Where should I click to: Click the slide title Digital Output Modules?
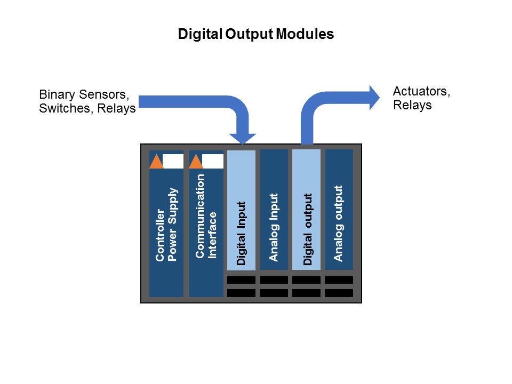(255, 35)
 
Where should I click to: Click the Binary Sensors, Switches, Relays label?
(87, 102)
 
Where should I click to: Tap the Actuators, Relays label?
(421, 98)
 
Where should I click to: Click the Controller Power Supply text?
(166, 225)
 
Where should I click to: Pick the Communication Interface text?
(206, 216)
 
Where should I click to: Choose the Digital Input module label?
(241, 233)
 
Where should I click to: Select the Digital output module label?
(307, 229)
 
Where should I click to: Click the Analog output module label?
(338, 223)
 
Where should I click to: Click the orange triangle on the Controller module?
(156, 162)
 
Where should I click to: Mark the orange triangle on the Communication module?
(196, 162)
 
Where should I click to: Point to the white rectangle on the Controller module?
(173, 161)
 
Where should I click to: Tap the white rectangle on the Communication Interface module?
(213, 161)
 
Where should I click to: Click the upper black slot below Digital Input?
(242, 280)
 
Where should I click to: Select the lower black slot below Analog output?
(339, 293)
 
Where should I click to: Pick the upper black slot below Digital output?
(306, 280)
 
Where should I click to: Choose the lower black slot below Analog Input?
(274, 293)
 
